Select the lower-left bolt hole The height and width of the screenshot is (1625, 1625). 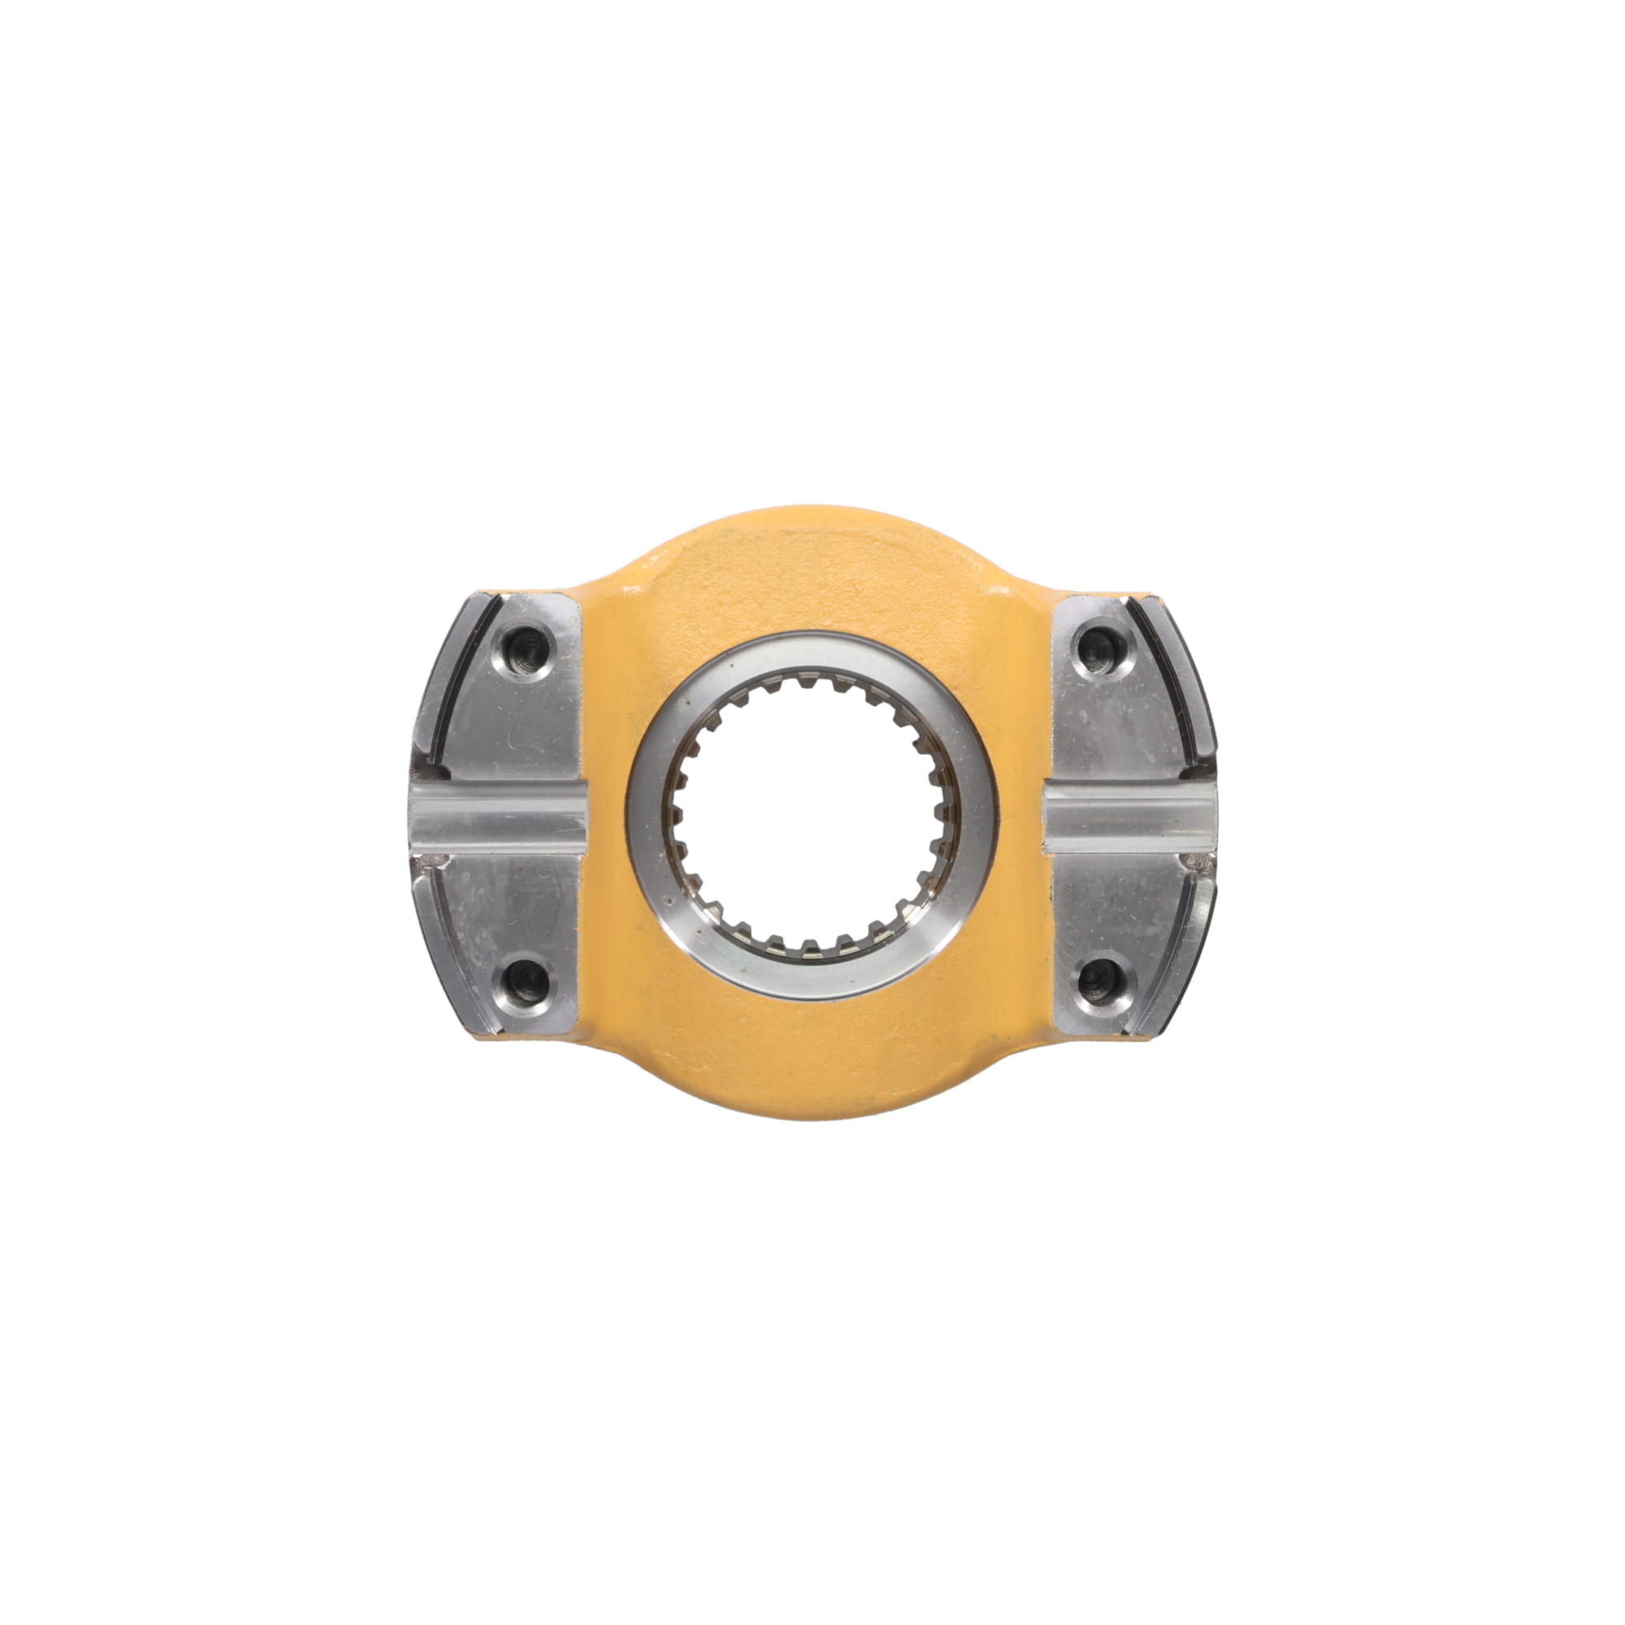coord(526,979)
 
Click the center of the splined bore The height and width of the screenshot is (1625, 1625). coord(812,814)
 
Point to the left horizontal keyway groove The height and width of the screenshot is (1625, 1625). coord(498,815)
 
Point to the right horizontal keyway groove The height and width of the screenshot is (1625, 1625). coord(1129,815)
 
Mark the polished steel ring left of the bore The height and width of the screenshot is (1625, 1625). coord(646,814)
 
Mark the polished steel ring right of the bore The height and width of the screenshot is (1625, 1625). coord(979,814)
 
